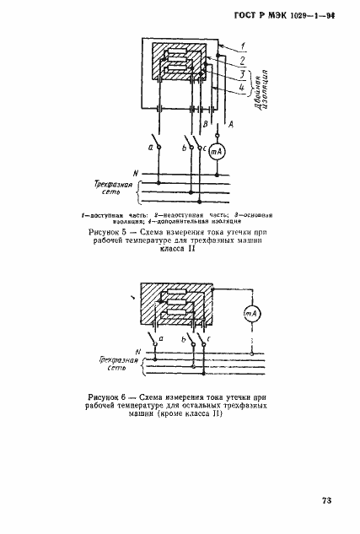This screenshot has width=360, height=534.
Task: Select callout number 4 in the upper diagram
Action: pyautogui.click(x=243, y=88)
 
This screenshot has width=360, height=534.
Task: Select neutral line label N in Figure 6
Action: pyautogui.click(x=137, y=350)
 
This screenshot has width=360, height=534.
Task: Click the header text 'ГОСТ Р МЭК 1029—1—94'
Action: pyautogui.click(x=287, y=18)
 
